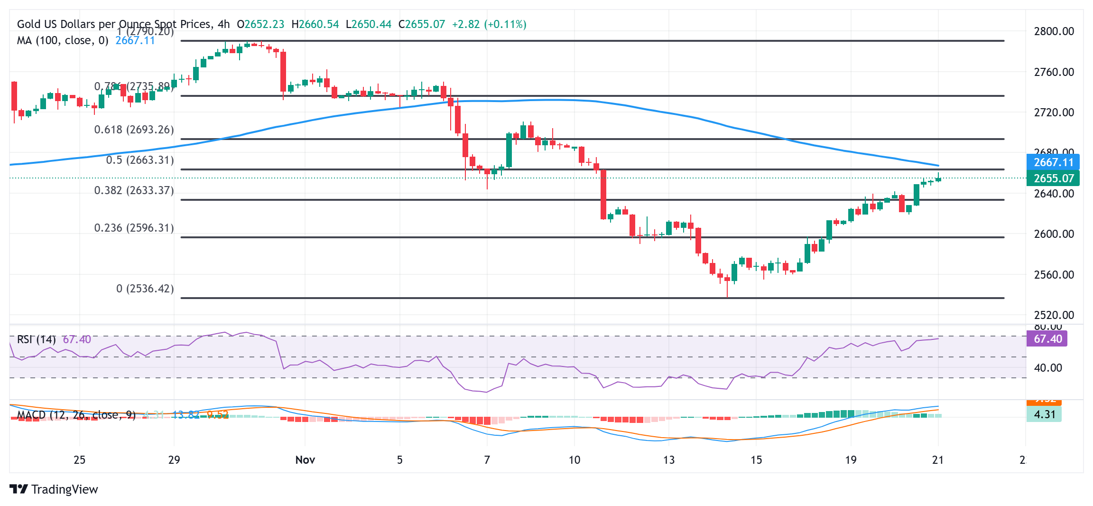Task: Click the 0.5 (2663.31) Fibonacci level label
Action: (140, 160)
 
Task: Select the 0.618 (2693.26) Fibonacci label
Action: (134, 130)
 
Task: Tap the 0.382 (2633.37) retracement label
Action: (134, 190)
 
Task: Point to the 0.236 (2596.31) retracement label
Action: (134, 228)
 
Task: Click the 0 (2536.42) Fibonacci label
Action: (145, 289)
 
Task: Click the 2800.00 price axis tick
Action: (1054, 31)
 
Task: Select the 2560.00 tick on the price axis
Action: (1054, 275)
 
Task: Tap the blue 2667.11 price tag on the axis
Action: (1053, 162)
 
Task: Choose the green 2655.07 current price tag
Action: (1053, 178)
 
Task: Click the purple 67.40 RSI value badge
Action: (1047, 339)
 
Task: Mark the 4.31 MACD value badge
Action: (1044, 414)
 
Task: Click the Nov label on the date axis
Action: (305, 460)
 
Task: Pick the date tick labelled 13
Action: (668, 460)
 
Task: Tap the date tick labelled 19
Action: (851, 460)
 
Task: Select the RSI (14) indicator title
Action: (37, 339)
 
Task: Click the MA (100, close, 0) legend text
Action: (63, 40)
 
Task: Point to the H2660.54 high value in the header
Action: (315, 24)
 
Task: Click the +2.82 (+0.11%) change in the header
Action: (489, 24)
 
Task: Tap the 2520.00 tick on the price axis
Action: (1054, 315)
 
